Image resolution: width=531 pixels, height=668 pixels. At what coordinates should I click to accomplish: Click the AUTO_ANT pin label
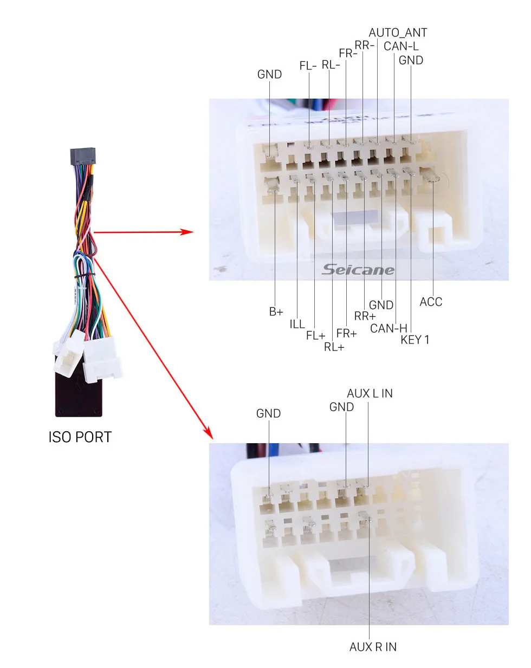[398, 33]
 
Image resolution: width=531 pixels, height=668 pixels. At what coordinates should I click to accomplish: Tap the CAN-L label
[401, 46]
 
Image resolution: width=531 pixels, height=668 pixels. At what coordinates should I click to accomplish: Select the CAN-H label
[388, 328]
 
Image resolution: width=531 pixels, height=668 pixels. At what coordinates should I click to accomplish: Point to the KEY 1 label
[415, 340]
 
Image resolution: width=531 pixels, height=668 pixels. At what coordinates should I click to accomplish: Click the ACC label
[431, 302]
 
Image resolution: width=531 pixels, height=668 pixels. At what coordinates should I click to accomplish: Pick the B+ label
[276, 312]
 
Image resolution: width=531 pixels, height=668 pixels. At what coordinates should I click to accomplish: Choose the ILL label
[297, 324]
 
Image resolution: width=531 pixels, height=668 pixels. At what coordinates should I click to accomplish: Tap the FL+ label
[315, 335]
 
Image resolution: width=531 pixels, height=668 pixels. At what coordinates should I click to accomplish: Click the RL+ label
[334, 347]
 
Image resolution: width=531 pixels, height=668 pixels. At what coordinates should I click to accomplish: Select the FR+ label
[347, 333]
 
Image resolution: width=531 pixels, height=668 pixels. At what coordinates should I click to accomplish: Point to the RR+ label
[365, 316]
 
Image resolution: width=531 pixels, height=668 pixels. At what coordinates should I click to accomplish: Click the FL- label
[308, 66]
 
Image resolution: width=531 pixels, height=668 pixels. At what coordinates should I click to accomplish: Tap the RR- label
[364, 46]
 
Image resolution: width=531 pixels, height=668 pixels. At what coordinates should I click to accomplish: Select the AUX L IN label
[370, 393]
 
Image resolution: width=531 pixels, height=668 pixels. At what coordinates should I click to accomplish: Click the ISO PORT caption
[80, 437]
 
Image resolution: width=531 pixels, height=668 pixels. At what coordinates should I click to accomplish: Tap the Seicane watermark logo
[358, 269]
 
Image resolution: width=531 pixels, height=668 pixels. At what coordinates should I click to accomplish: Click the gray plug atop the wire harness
[82, 157]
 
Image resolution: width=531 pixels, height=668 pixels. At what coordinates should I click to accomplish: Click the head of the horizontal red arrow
[187, 232]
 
